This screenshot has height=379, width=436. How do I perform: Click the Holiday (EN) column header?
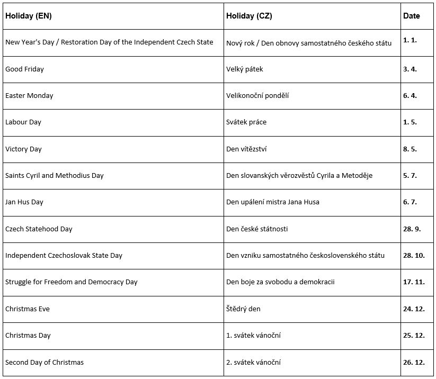[29, 16]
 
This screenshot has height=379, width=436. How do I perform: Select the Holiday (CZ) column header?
[249, 16]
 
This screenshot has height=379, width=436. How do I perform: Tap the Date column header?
[411, 16]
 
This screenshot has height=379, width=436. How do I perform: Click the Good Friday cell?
[24, 69]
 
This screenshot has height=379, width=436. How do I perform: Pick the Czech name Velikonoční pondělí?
[257, 96]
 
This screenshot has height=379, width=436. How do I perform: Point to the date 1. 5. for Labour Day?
[410, 122]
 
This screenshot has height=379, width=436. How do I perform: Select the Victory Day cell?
[23, 149]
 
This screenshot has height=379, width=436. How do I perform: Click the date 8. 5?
[410, 149]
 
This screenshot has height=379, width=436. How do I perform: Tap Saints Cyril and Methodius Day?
[55, 176]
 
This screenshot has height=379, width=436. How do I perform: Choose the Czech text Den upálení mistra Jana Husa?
[273, 202]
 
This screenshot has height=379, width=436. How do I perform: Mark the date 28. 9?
[412, 229]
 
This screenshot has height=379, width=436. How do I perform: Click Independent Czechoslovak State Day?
[64, 256]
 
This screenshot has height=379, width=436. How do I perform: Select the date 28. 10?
[414, 256]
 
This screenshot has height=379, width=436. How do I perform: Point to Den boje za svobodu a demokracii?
[280, 282]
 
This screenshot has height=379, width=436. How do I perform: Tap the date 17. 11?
[414, 282]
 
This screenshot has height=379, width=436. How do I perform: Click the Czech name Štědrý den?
[243, 309]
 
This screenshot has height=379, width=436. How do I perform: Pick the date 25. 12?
[414, 336]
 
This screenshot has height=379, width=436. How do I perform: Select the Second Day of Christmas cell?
[45, 363]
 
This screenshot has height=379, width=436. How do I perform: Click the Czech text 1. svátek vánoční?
[253, 336]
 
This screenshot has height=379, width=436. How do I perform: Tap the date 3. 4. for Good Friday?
[410, 69]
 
